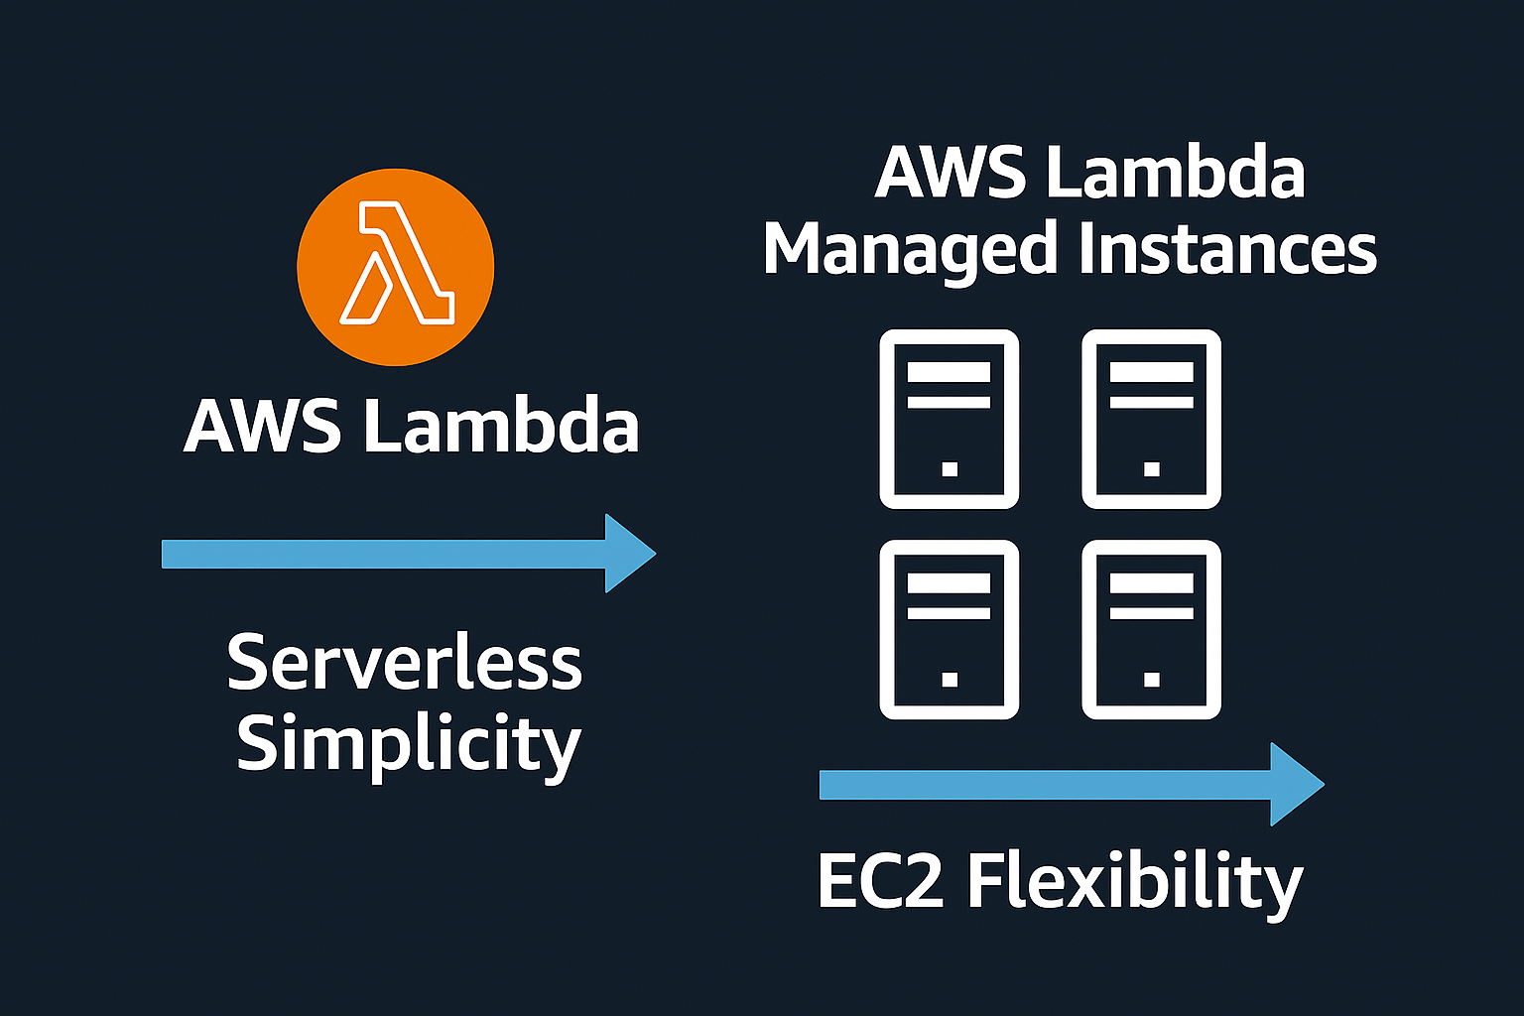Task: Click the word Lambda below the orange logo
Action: (x=501, y=427)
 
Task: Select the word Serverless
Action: (x=404, y=663)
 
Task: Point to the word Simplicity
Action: (x=407, y=744)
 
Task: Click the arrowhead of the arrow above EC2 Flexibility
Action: (x=1296, y=785)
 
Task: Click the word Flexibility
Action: (x=1134, y=881)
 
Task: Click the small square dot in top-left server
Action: (x=950, y=468)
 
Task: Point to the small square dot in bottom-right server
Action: (x=1151, y=679)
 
